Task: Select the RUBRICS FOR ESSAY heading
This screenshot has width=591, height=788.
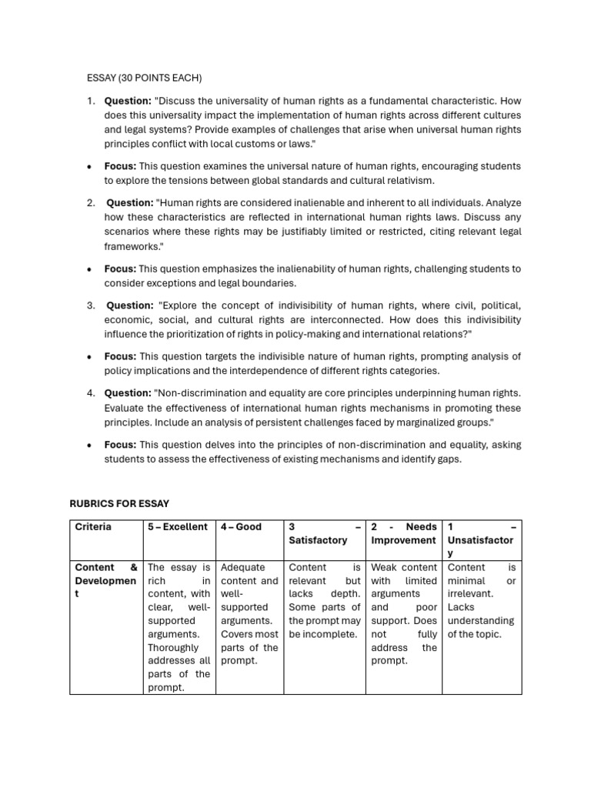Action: tap(119, 503)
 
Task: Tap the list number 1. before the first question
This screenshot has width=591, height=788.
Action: tap(90, 101)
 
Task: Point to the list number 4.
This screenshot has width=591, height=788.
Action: tap(90, 393)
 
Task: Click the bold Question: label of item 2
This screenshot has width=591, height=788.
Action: tap(130, 203)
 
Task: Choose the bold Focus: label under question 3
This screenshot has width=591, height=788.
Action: tap(120, 356)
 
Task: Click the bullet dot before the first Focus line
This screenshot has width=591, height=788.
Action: tap(90, 166)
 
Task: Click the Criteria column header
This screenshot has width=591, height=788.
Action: tap(93, 527)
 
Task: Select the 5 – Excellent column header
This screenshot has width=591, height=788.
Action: tap(178, 527)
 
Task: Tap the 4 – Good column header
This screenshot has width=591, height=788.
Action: tap(241, 527)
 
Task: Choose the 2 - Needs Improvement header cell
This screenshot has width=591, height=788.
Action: tap(403, 533)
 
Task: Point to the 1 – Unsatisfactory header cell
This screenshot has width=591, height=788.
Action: tap(482, 540)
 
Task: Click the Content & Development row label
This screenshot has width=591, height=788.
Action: tap(106, 582)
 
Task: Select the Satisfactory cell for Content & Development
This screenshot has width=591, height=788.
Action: tap(324, 601)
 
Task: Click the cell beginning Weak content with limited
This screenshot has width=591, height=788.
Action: tap(403, 614)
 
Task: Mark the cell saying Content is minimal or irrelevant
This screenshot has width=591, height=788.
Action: tap(482, 601)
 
